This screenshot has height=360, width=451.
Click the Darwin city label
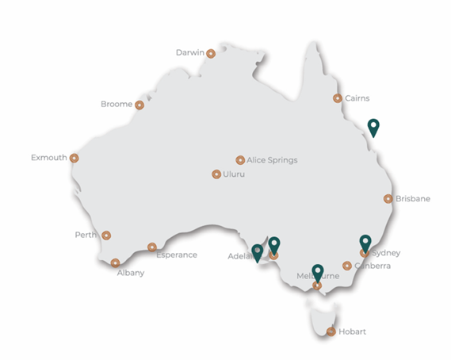coord(189,53)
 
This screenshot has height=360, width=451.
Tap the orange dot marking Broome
coord(140,105)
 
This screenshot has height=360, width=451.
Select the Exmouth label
coord(48,158)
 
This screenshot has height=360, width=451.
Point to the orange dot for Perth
coord(106,235)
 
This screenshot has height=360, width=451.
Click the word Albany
coord(130,273)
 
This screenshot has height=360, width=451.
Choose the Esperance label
coord(176,255)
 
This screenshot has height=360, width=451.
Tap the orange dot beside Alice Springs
coord(240,159)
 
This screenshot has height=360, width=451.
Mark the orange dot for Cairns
coord(338,98)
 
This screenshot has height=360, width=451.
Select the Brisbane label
coord(413,199)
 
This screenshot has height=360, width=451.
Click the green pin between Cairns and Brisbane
coord(373,127)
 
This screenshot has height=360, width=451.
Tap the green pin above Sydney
coord(365,242)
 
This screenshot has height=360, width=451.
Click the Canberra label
coord(373,266)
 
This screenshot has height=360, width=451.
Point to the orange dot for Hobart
coord(331,331)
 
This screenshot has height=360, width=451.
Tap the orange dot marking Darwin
coord(211,53)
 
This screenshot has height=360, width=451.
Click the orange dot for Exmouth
coord(75,158)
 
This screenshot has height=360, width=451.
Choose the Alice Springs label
coord(272,159)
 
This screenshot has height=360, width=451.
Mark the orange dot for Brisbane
coord(388,199)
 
